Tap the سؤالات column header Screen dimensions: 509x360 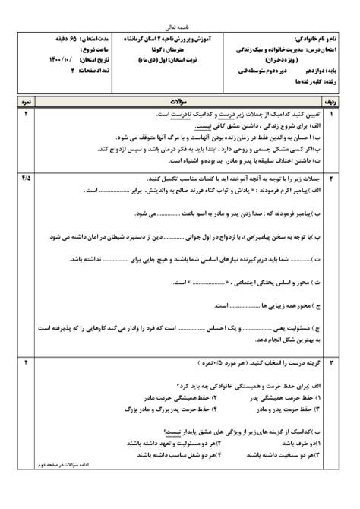click(x=179, y=100)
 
